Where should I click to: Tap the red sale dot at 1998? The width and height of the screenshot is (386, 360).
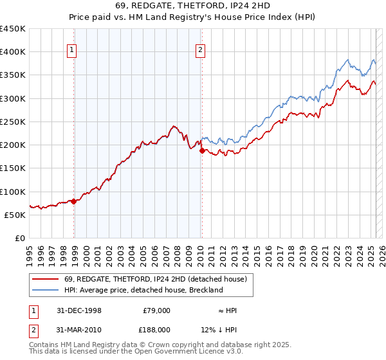(x=74, y=201)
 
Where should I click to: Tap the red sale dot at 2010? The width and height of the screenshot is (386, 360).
(x=201, y=151)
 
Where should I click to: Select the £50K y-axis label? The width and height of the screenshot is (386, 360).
(x=15, y=215)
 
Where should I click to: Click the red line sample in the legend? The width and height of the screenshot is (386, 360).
(x=47, y=278)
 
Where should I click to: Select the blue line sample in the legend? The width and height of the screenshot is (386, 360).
(x=47, y=290)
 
